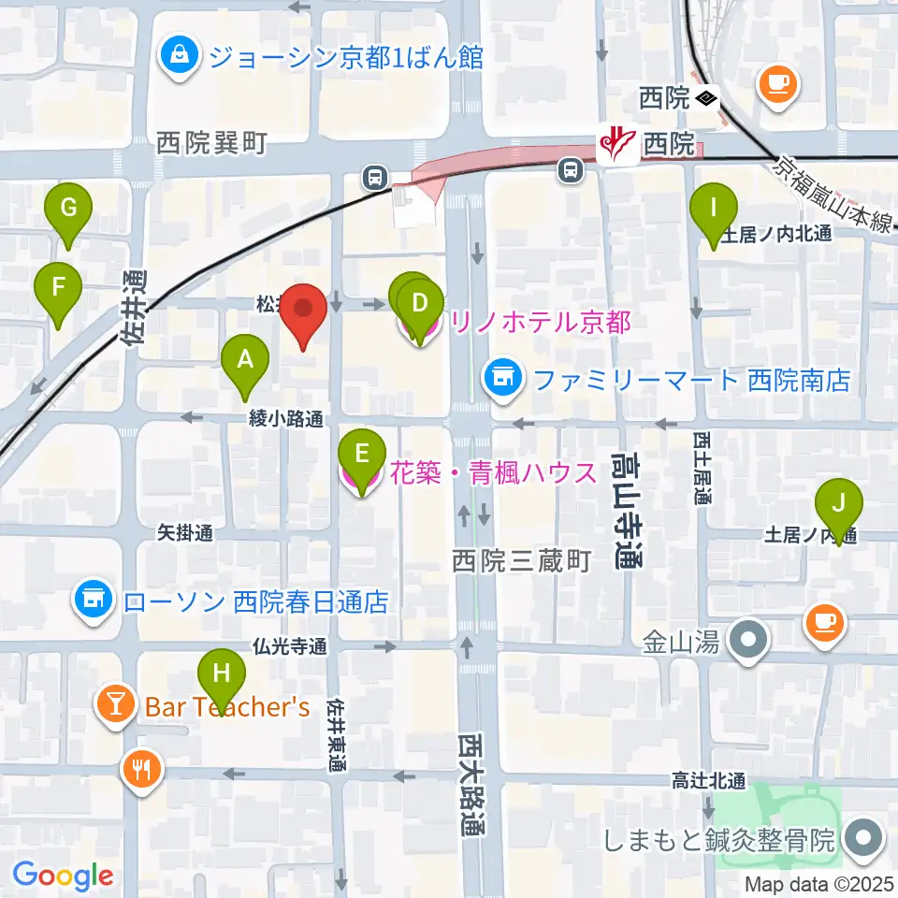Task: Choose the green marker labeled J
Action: pyautogui.click(x=838, y=505)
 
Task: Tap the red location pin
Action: pyautogui.click(x=303, y=311)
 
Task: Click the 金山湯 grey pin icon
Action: pyautogui.click(x=749, y=641)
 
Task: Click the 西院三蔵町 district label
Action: pyautogui.click(x=522, y=561)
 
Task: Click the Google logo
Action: pyautogui.click(x=63, y=876)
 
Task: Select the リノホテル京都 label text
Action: pyautogui.click(x=541, y=323)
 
